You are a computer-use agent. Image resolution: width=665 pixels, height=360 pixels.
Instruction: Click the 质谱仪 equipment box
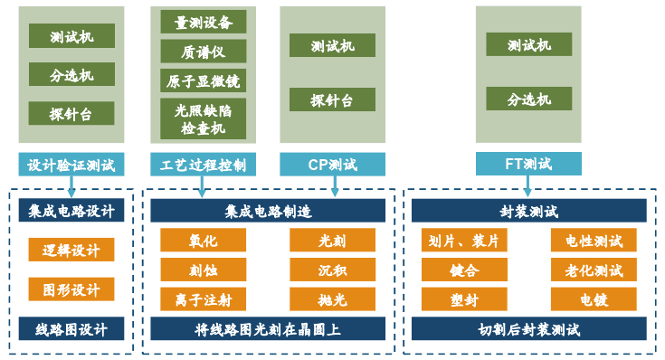click(204, 52)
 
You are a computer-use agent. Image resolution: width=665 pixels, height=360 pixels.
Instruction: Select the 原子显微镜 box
click(204, 81)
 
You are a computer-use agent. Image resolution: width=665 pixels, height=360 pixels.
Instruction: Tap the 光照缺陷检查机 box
click(204, 119)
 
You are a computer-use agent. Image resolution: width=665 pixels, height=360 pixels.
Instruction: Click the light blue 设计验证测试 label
click(71, 165)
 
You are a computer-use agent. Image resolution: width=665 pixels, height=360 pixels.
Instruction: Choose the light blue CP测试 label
click(332, 165)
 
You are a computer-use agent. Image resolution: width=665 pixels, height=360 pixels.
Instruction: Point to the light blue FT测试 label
click(528, 165)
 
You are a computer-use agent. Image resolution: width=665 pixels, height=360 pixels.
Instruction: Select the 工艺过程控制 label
click(203, 165)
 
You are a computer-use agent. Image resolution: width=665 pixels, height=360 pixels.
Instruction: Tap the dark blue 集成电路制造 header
click(268, 212)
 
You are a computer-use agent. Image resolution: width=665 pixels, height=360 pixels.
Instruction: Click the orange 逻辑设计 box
click(71, 250)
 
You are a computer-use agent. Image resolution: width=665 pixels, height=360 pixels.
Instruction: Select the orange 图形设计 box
click(71, 289)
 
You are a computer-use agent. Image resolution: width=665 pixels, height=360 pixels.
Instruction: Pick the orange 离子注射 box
click(204, 298)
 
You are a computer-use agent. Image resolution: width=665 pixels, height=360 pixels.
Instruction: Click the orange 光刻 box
click(332, 241)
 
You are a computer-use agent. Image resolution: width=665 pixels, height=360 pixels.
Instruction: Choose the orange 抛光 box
click(332, 298)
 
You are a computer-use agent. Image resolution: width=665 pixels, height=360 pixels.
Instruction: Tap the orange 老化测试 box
click(594, 270)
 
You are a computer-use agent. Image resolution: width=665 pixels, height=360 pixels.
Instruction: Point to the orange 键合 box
click(464, 270)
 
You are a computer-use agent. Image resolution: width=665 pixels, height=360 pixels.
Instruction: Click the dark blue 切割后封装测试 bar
click(529, 329)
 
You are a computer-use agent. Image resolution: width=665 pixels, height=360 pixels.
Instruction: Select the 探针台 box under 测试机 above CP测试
click(332, 99)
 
